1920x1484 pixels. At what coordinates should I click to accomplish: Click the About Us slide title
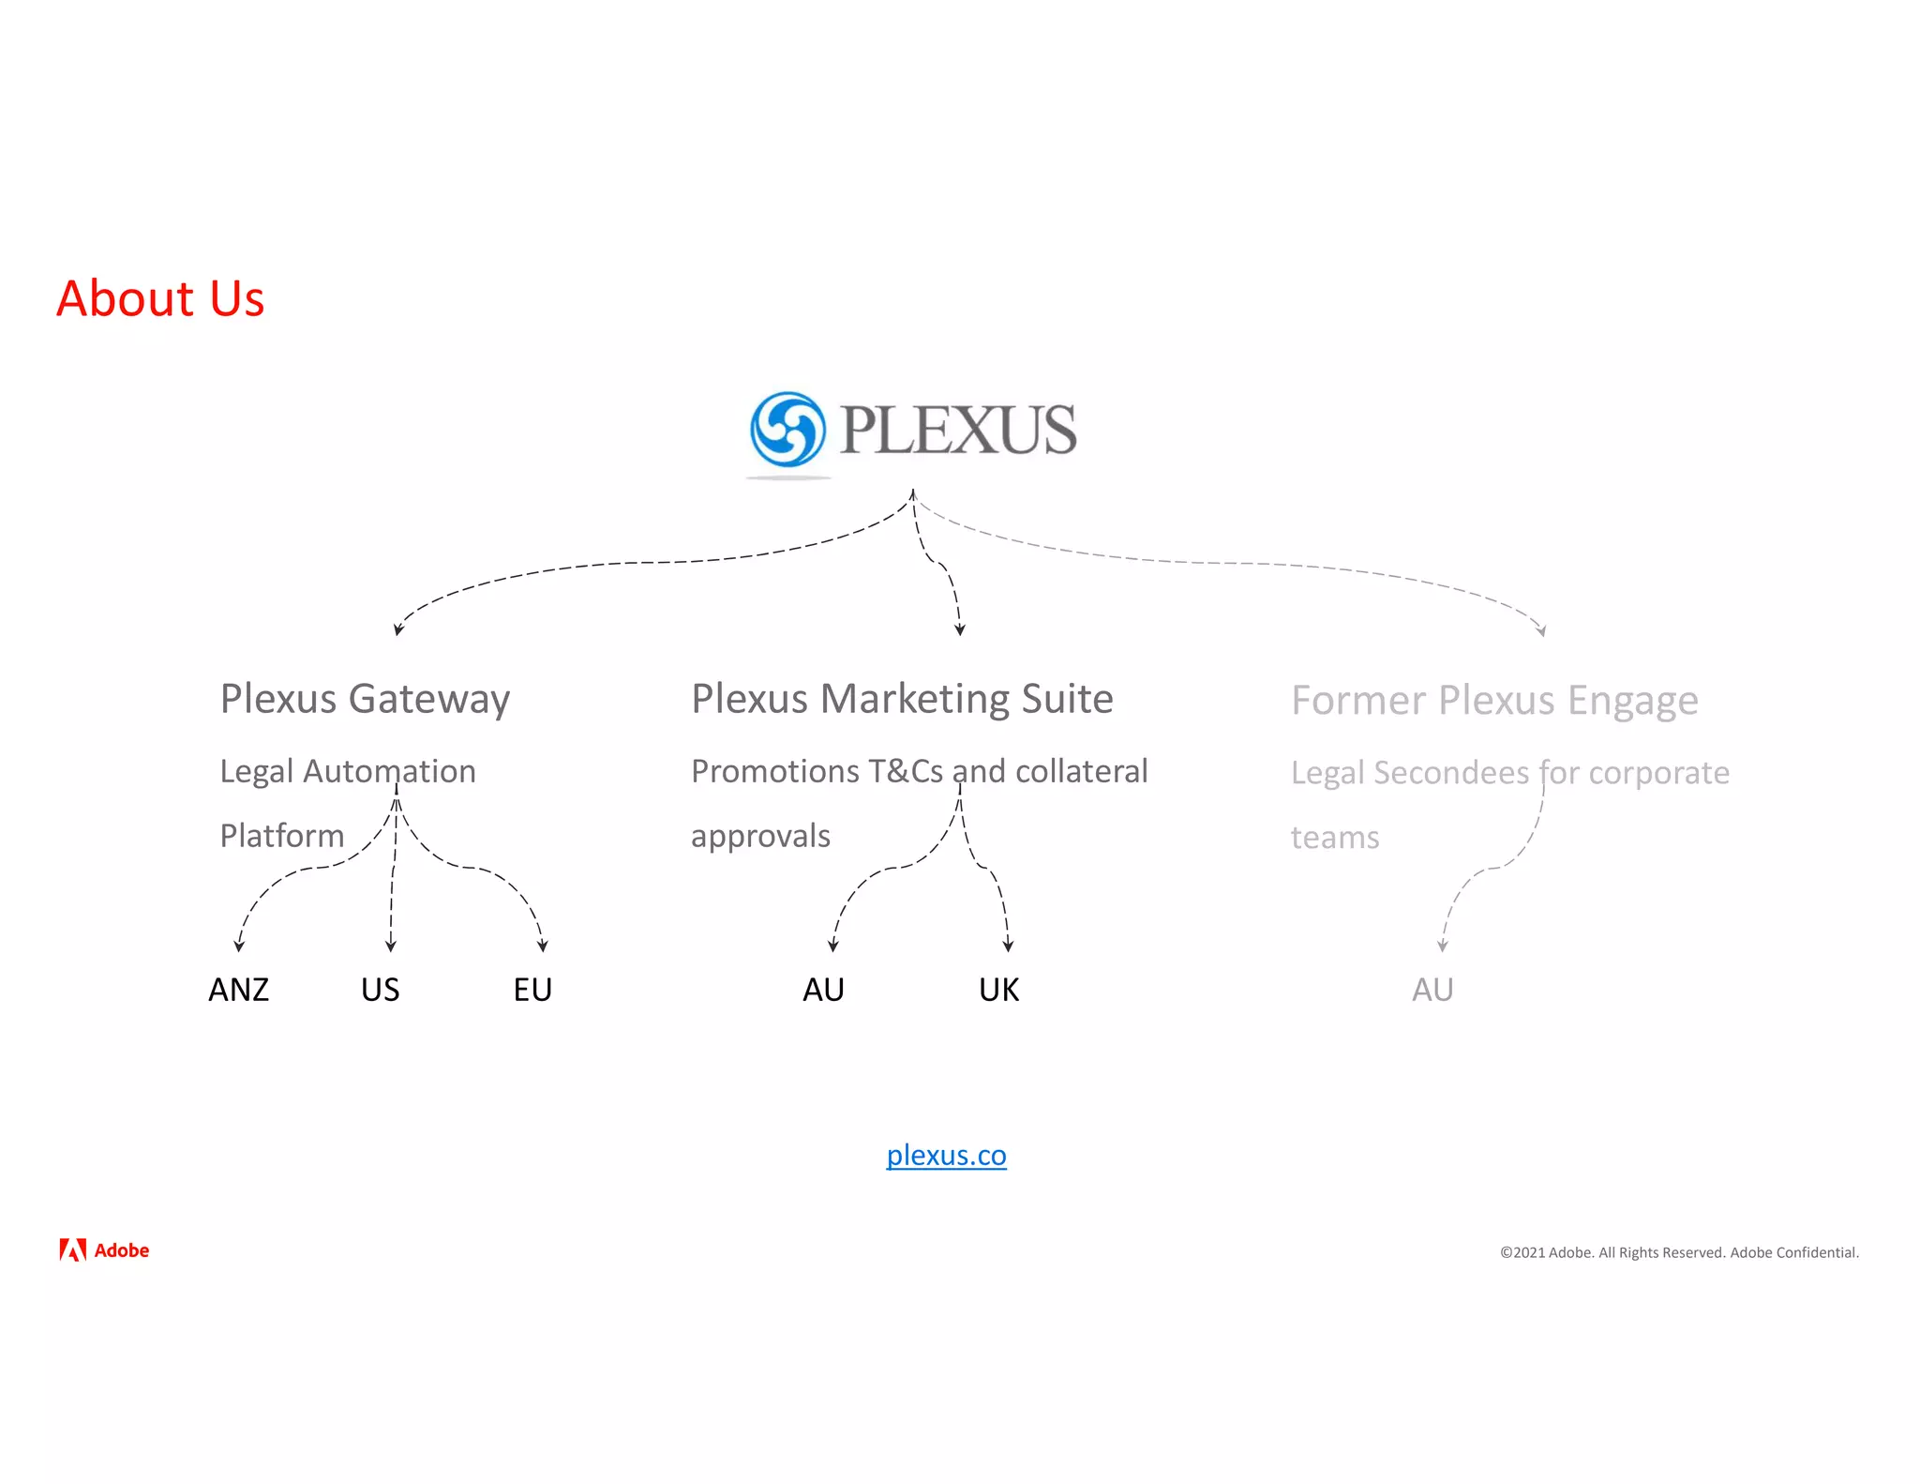160,299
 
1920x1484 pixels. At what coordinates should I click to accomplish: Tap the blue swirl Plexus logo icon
787,430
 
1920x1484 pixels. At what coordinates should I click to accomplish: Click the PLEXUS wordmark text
957,430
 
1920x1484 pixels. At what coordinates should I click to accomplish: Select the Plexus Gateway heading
365,700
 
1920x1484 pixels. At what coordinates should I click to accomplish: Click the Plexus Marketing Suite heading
902,700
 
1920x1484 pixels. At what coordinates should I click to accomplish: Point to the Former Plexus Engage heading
1494,701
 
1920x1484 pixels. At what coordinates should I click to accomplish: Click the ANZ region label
238,990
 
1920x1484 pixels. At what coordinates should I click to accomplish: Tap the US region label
380,990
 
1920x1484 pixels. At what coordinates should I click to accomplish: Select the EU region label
532,990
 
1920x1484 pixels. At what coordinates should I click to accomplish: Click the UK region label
998,990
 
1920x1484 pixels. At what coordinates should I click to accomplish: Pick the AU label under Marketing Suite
823,990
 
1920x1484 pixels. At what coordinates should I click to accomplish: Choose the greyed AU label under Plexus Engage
1432,990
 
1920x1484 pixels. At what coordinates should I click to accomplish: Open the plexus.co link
946,1155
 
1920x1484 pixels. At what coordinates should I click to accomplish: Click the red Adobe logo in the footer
104,1250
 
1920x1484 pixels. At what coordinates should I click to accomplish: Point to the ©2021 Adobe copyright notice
1679,1252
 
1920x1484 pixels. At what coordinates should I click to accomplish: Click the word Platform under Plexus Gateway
282,836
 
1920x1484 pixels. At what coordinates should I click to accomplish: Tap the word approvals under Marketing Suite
760,836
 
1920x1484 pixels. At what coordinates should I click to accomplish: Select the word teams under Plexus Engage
1335,838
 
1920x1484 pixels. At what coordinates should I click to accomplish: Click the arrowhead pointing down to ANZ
239,946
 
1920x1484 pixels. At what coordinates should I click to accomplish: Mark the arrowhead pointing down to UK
1008,946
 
